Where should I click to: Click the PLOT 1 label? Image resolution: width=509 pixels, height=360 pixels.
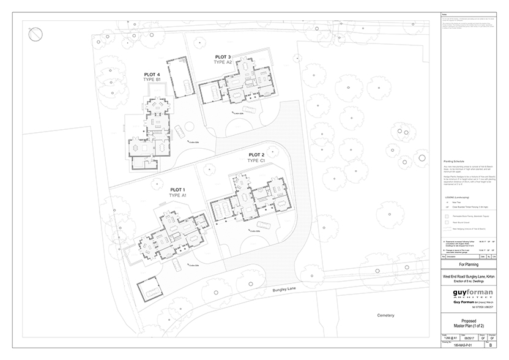pyautogui.click(x=179, y=190)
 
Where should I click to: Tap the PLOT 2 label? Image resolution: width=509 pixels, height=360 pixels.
pyautogui.click(x=256, y=154)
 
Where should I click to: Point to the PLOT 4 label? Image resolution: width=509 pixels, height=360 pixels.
pyautogui.click(x=149, y=74)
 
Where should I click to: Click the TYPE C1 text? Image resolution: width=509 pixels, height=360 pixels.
pyautogui.click(x=256, y=160)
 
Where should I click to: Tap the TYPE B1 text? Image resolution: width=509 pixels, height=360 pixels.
pyautogui.click(x=149, y=80)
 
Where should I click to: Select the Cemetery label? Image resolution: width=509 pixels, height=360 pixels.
pyautogui.click(x=385, y=315)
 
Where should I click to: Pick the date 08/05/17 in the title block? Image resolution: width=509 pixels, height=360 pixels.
pyautogui.click(x=469, y=337)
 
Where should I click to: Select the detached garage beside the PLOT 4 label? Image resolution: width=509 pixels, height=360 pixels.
pyautogui.click(x=180, y=78)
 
